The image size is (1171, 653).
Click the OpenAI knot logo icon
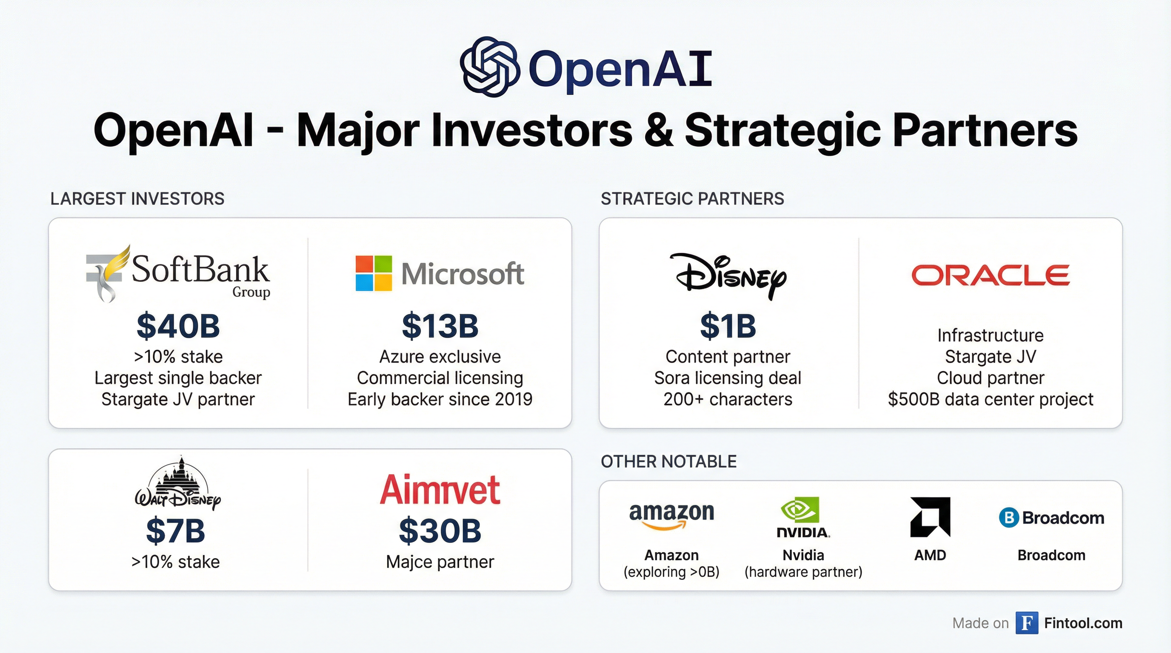pyautogui.click(x=490, y=66)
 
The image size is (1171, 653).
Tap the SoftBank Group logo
pyautogui.click(x=178, y=273)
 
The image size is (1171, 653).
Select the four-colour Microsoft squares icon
pyautogui.click(x=374, y=273)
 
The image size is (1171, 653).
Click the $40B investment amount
pyautogui.click(x=178, y=326)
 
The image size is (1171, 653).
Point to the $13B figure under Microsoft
pyautogui.click(x=440, y=326)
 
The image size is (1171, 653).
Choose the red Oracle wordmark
pyautogui.click(x=991, y=275)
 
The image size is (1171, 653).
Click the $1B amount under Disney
pyautogui.click(x=728, y=326)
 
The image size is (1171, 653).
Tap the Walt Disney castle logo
pyautogui.click(x=178, y=483)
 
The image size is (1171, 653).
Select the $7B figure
pyautogui.click(x=175, y=531)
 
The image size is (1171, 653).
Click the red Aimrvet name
pyautogui.click(x=440, y=489)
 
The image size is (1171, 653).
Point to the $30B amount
pyautogui.click(x=440, y=531)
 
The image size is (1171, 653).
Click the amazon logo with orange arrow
pyautogui.click(x=671, y=516)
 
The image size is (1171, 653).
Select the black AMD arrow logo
pyautogui.click(x=930, y=517)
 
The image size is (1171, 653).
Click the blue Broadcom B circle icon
pyautogui.click(x=1008, y=518)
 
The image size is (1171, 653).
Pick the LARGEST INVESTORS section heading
pyautogui.click(x=137, y=199)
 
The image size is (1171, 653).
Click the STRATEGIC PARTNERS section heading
pyautogui.click(x=692, y=199)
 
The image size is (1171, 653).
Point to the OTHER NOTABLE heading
pyautogui.click(x=669, y=461)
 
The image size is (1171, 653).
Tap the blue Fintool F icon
pyautogui.click(x=1027, y=623)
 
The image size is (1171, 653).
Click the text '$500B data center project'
pyautogui.click(x=991, y=400)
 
